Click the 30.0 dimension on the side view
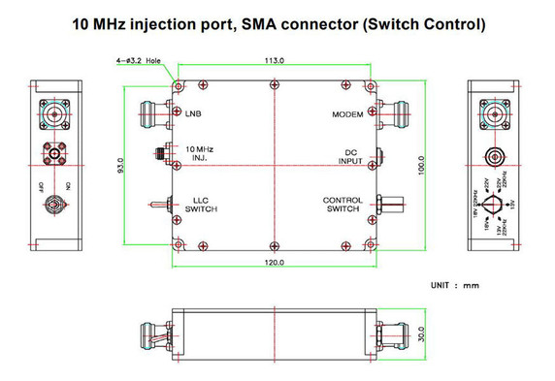click(x=421, y=333)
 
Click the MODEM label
click(x=346, y=114)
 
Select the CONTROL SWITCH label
click(x=343, y=205)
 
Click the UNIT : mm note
click(x=455, y=285)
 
